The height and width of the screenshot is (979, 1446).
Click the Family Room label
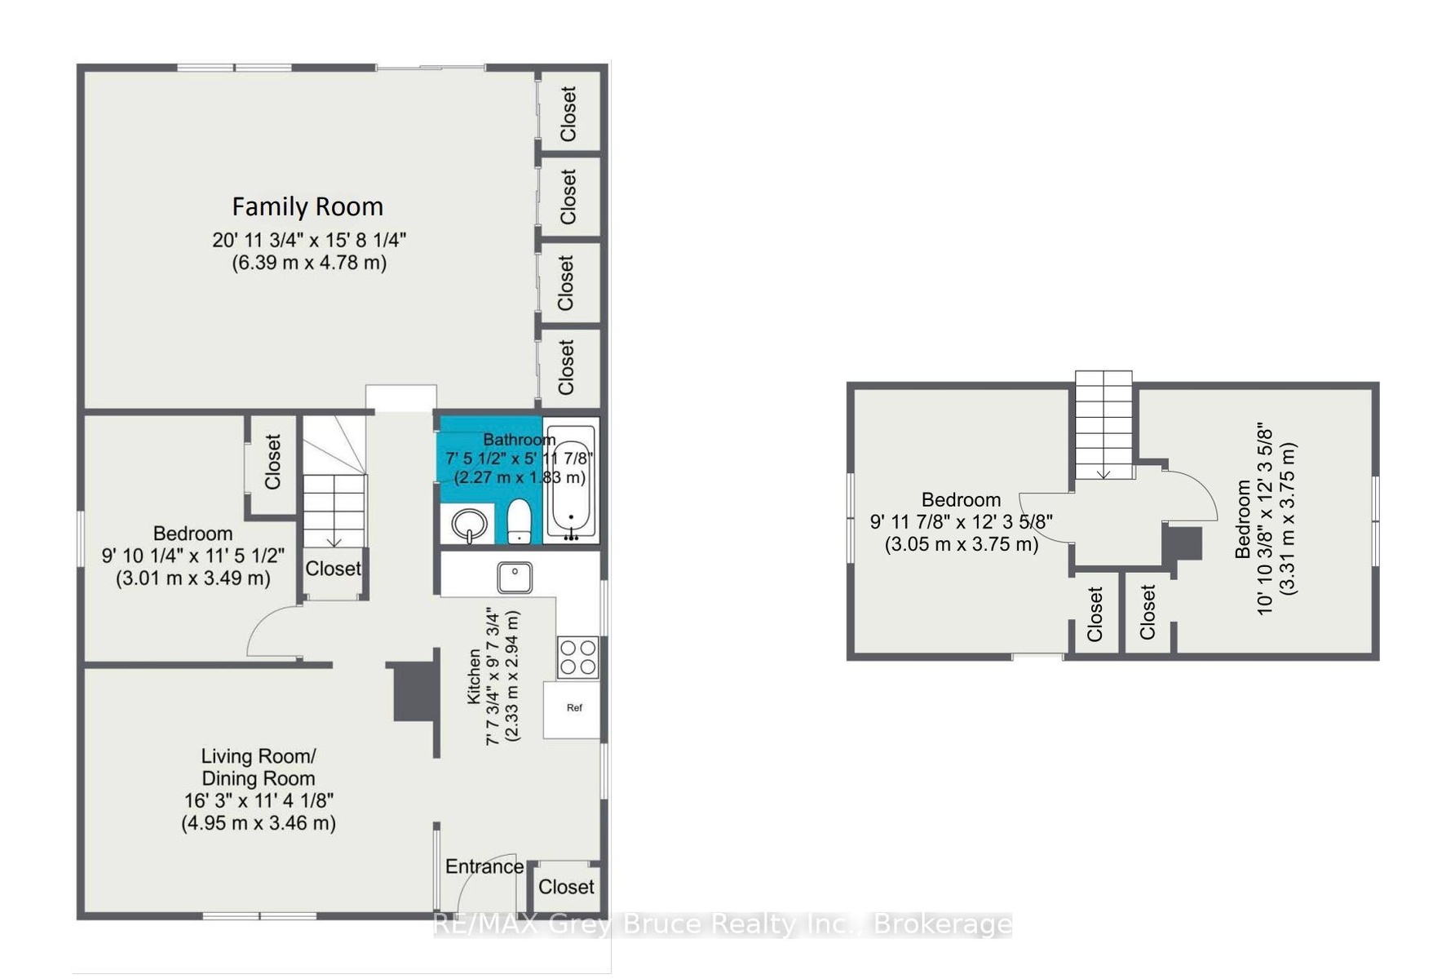pyautogui.click(x=307, y=206)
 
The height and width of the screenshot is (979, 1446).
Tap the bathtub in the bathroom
pyautogui.click(x=571, y=479)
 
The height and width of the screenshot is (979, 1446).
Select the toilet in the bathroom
pyautogui.click(x=520, y=521)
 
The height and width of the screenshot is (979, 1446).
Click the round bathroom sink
pyautogui.click(x=469, y=525)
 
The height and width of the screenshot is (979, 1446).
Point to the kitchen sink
pyautogui.click(x=515, y=578)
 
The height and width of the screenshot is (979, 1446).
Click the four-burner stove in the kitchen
pyautogui.click(x=577, y=658)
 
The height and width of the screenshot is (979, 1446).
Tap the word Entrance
pyautogui.click(x=484, y=866)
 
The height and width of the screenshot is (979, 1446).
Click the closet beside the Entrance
pyautogui.click(x=566, y=887)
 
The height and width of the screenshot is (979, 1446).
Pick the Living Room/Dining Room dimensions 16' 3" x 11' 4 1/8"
pyautogui.click(x=259, y=801)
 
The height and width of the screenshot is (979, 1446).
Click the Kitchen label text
pyautogui.click(x=474, y=676)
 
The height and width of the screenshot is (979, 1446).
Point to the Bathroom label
pyautogui.click(x=520, y=440)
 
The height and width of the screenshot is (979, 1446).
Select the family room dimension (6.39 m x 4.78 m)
pyautogui.click(x=309, y=263)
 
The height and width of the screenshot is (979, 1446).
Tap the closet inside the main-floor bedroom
pyautogui.click(x=272, y=463)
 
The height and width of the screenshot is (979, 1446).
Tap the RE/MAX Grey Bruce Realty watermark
pyautogui.click(x=723, y=924)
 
